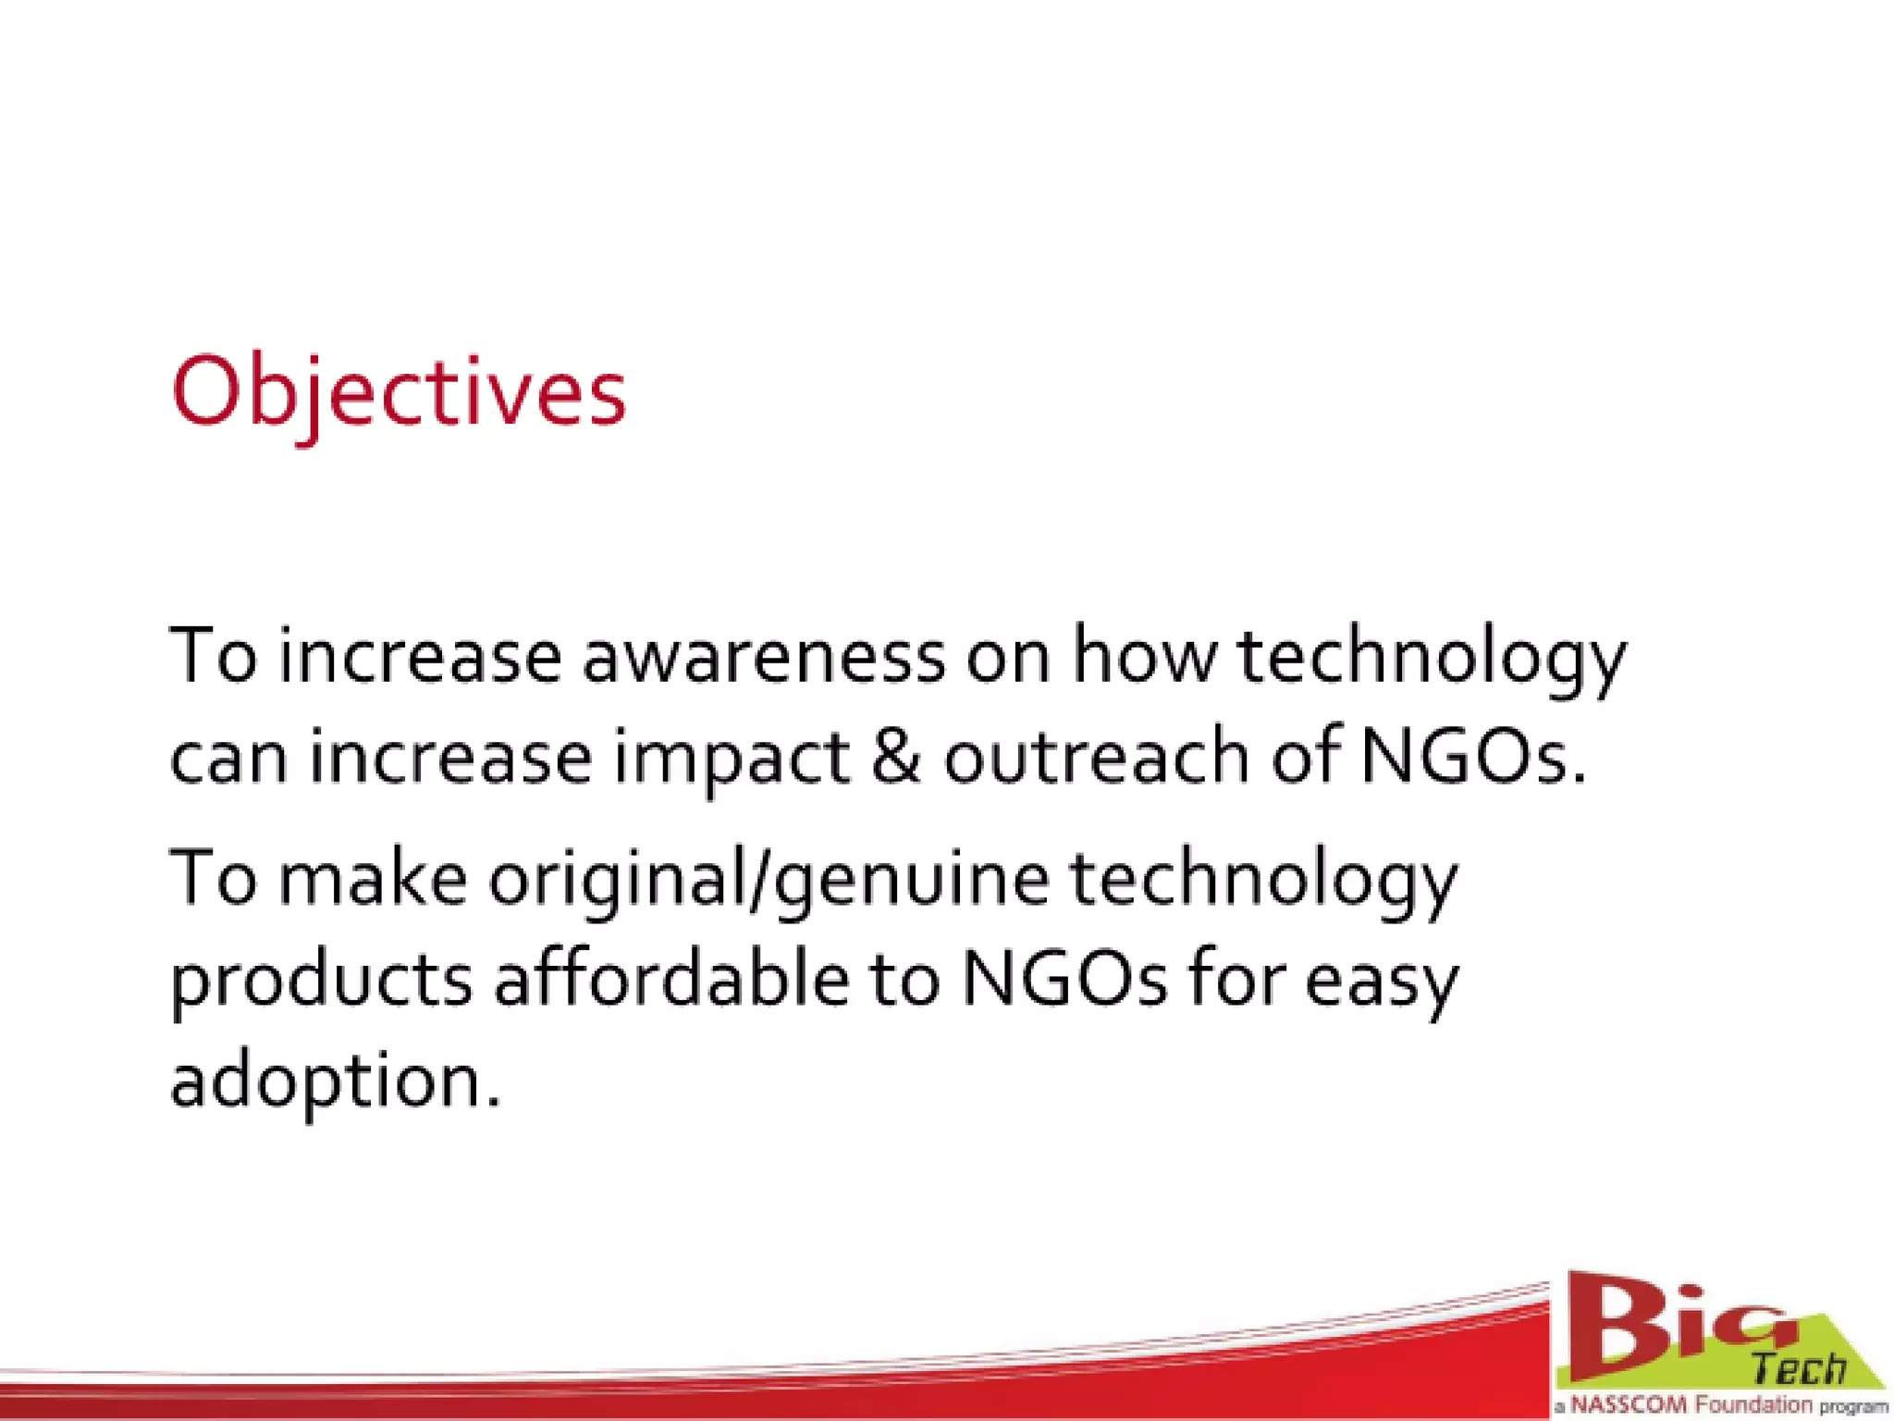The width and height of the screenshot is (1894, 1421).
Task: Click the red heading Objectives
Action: pyautogui.click(x=399, y=393)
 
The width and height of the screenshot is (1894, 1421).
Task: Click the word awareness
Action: pyautogui.click(x=764, y=657)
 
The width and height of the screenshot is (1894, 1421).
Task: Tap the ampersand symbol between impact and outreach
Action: pyautogui.click(x=895, y=756)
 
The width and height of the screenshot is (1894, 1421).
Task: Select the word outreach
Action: pyautogui.click(x=1097, y=756)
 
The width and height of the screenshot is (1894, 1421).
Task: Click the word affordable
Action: pyautogui.click(x=671, y=980)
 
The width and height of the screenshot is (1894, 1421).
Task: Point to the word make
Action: pyautogui.click(x=373, y=878)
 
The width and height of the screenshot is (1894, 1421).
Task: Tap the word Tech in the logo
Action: pyautogui.click(x=1799, y=1367)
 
